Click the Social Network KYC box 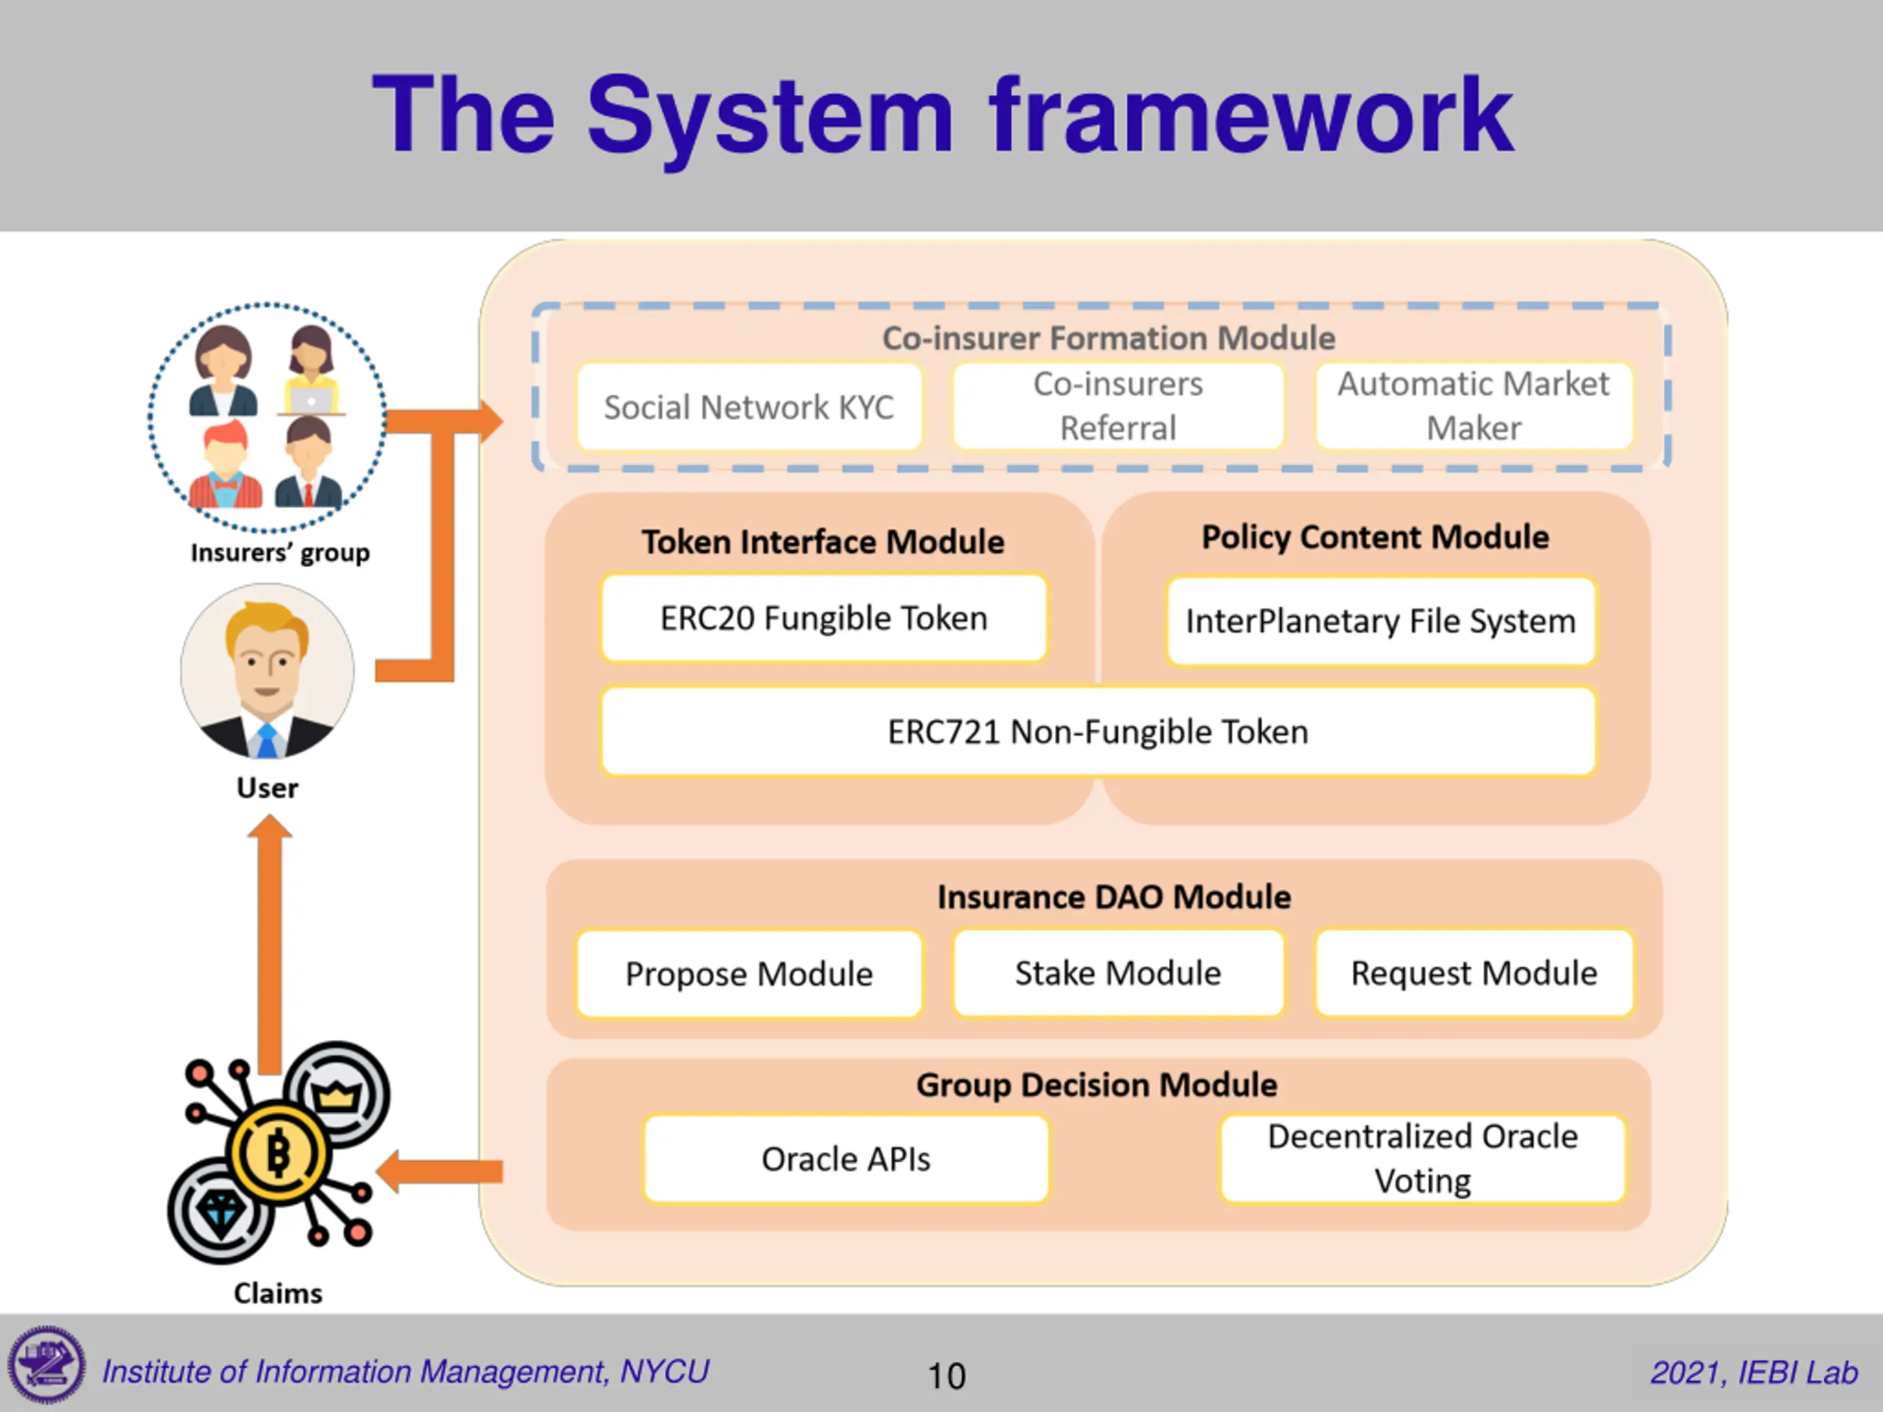[x=749, y=407]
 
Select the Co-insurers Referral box [x=1118, y=406]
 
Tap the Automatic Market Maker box [x=1473, y=406]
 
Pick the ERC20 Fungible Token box [x=824, y=618]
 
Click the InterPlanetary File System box [x=1381, y=621]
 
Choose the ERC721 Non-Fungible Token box [x=1098, y=732]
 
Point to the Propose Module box [x=749, y=974]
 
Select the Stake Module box [x=1118, y=973]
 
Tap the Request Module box [x=1473, y=973]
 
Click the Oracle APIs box [x=846, y=1159]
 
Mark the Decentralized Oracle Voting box [x=1423, y=1159]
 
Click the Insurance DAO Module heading [x=1114, y=897]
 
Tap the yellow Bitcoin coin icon [x=277, y=1154]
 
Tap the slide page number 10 [x=946, y=1376]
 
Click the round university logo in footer [x=47, y=1364]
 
